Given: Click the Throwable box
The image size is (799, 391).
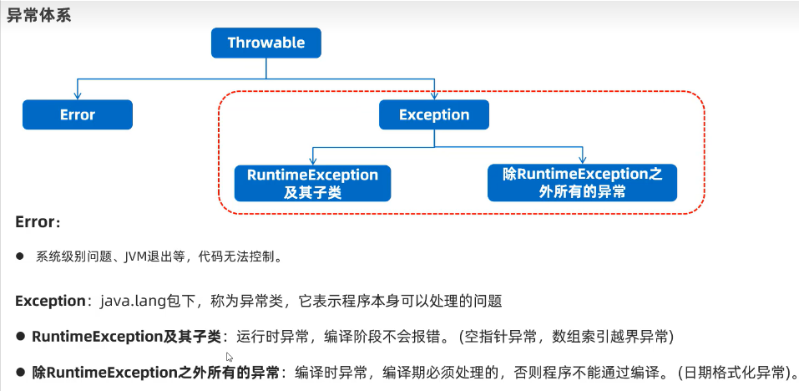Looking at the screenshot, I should [265, 43].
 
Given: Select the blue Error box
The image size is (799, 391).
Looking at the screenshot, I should [78, 114].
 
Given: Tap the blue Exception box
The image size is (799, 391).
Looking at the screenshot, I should [433, 114].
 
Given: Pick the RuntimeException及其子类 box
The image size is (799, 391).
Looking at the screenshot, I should [312, 183].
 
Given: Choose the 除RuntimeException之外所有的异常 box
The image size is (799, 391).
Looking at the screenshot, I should [582, 183].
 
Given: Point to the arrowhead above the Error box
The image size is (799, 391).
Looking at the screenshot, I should [78, 95].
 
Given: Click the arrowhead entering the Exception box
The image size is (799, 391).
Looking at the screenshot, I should [433, 95].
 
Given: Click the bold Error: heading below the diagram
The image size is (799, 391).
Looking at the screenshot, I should [38, 223].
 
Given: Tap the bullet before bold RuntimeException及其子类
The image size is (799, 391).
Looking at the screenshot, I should [21, 337].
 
